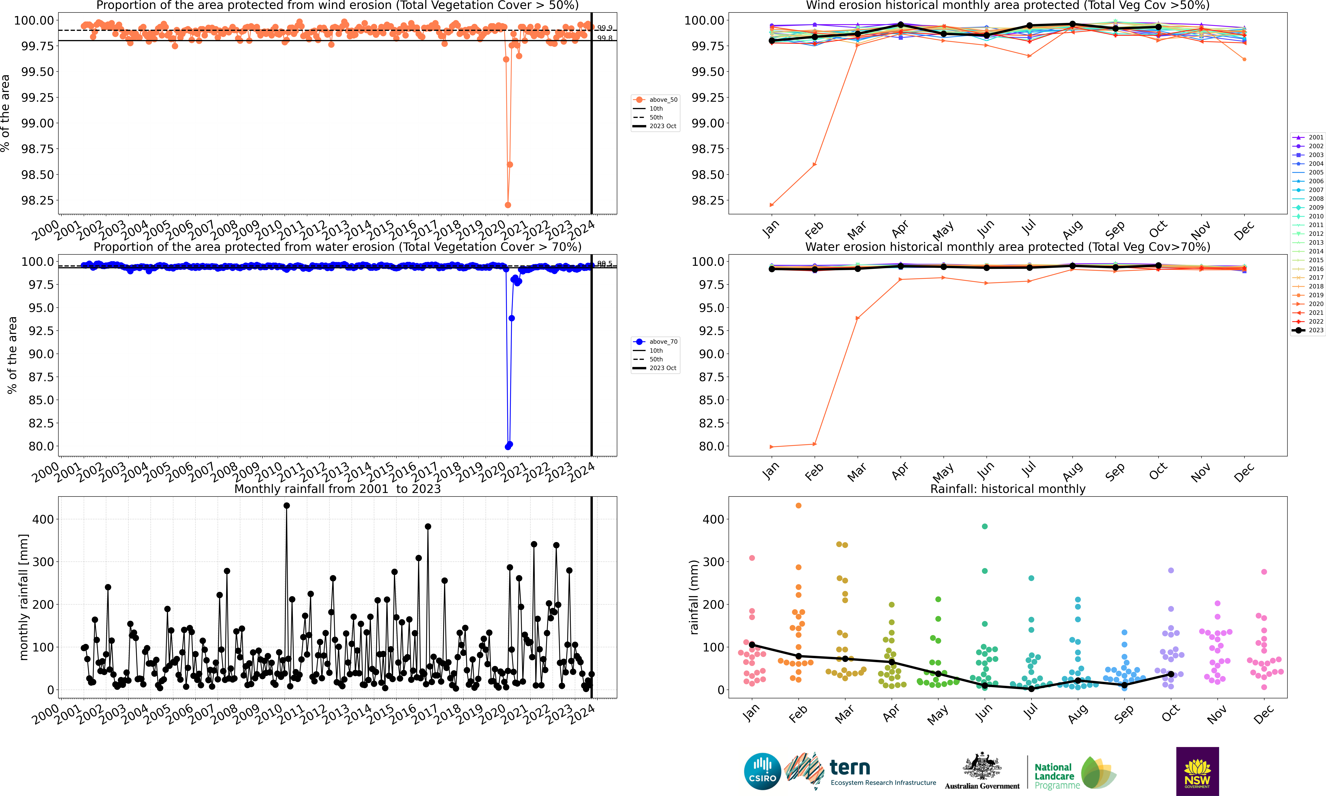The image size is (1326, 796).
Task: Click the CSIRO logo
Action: [762, 771]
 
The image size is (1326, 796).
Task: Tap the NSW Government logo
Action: [1197, 771]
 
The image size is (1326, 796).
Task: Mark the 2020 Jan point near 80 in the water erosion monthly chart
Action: [772, 447]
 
